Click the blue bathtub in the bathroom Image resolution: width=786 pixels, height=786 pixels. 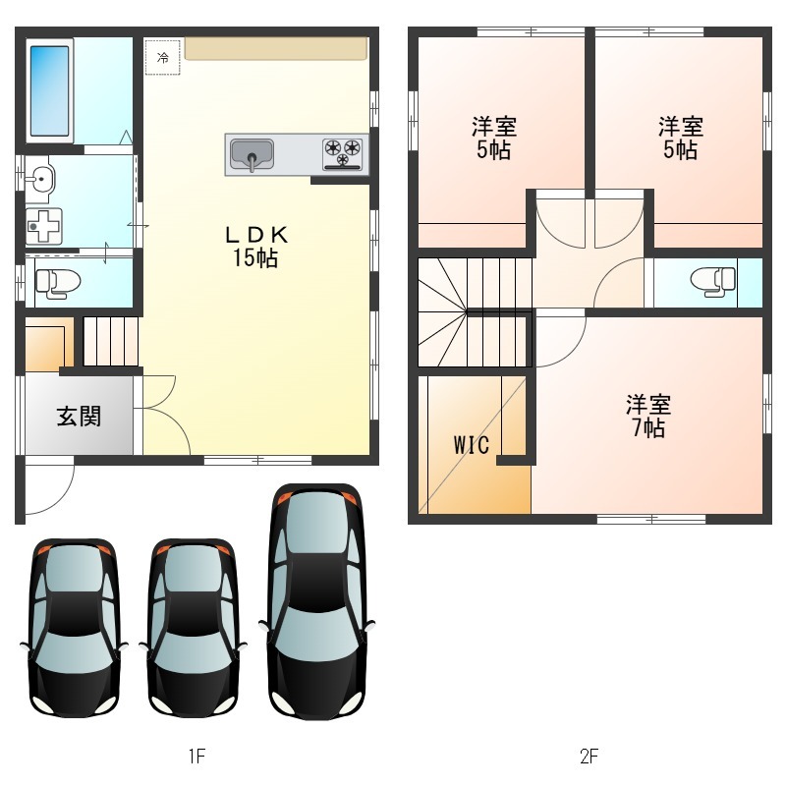[50, 91]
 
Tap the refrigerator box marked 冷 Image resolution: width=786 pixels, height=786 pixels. [162, 57]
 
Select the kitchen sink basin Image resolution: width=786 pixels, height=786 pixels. [252, 154]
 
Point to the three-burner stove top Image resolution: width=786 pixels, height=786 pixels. [342, 154]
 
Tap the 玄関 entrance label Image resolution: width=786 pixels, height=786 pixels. [79, 416]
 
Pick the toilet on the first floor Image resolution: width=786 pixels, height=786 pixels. [58, 283]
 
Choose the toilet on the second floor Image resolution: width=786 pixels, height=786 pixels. [713, 282]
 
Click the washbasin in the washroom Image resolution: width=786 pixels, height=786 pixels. [40, 179]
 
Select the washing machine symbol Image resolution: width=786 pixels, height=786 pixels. [44, 226]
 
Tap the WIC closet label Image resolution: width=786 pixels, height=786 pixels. [472, 445]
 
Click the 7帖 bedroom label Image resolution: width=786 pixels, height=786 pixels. [648, 416]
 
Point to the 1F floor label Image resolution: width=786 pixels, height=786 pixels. [196, 756]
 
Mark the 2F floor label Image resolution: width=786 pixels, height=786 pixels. [589, 756]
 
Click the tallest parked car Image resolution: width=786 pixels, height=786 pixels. [316, 601]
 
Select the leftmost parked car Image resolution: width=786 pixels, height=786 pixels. [75, 628]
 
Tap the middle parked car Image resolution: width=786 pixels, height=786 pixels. [193, 628]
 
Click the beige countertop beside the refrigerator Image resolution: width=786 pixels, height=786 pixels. [276, 48]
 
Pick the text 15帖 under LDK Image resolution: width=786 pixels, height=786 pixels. [255, 258]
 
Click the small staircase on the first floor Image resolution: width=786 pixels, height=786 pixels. [110, 341]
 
